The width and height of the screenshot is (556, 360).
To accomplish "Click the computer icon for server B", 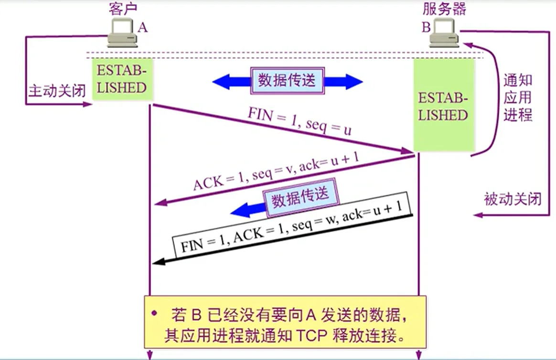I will click(x=444, y=35).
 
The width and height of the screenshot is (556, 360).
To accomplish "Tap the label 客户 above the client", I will click(x=123, y=9).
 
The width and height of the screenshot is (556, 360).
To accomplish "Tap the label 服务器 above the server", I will click(x=444, y=9).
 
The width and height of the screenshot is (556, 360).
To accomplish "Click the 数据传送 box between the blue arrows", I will click(x=287, y=80).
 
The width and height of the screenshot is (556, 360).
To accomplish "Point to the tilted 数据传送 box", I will click(x=300, y=197).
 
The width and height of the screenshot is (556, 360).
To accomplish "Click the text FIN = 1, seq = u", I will click(x=299, y=123).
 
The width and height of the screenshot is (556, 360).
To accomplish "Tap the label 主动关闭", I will click(x=57, y=91).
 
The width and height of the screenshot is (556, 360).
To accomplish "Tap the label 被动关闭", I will click(x=513, y=199).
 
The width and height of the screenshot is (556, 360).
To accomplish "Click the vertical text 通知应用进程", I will click(x=518, y=98).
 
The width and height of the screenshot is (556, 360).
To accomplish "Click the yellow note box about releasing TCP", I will click(x=285, y=322).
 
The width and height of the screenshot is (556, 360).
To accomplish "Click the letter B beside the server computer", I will click(x=426, y=28).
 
